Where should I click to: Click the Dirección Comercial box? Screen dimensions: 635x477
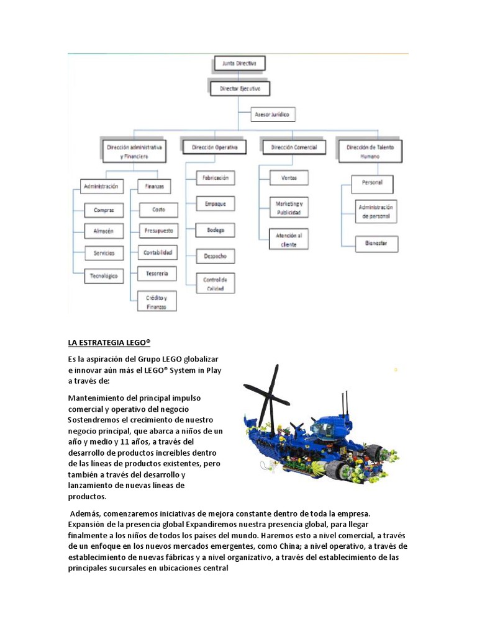point(294,147)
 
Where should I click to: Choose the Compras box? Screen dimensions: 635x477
point(103,210)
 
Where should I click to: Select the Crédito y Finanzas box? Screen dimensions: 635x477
point(156,302)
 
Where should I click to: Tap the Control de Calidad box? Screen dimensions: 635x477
point(215,283)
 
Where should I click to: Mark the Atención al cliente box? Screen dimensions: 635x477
point(289,239)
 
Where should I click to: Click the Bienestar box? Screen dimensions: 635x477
point(376,244)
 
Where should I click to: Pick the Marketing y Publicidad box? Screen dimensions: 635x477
point(289,208)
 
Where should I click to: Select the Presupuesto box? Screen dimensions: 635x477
point(158,231)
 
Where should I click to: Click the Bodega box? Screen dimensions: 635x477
point(215,230)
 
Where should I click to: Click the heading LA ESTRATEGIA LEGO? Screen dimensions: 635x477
point(109,342)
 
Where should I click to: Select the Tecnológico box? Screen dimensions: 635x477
point(103,276)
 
